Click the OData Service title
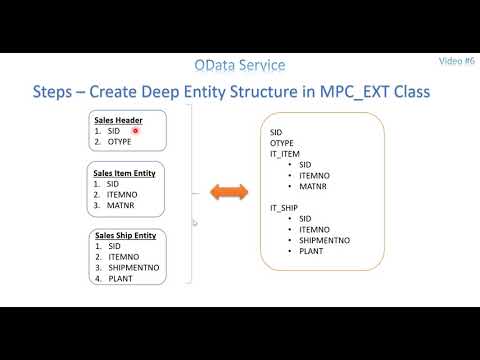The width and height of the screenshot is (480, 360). (x=240, y=65)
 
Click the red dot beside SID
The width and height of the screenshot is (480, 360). (x=135, y=131)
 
